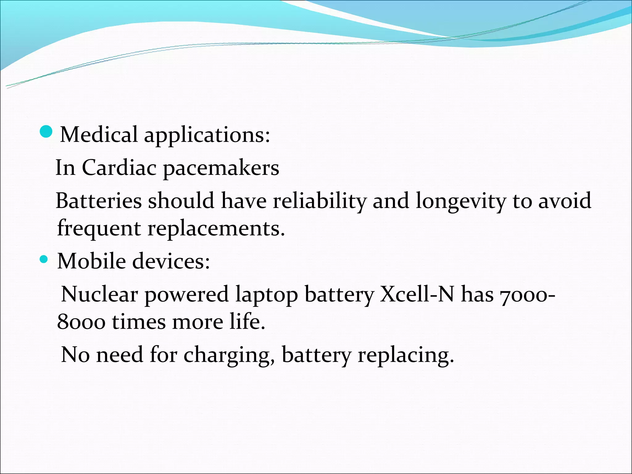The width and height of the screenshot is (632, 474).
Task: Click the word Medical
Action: coord(99,135)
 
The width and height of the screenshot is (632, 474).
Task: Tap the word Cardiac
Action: coord(119,168)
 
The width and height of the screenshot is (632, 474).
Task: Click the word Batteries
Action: coord(99,201)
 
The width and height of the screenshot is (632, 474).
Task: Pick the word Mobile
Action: coord(91,261)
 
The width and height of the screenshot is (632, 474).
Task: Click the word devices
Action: coord(171,261)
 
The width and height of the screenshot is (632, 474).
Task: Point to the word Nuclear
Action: coord(99,294)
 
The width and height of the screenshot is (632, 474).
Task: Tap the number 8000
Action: coord(81,322)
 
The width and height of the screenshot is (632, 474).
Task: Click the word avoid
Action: coord(565,201)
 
